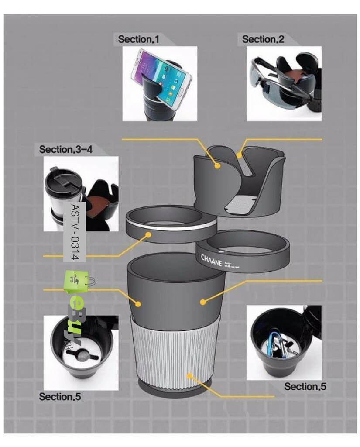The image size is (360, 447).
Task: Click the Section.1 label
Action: pyautogui.click(x=139, y=39)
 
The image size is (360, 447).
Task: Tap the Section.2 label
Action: pyautogui.click(x=263, y=39)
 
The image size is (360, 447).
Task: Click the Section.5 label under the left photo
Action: pyautogui.click(x=60, y=397)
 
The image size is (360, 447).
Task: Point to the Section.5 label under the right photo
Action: pyautogui.click(x=305, y=387)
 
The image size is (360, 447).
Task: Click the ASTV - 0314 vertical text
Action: pyautogui.click(x=74, y=232)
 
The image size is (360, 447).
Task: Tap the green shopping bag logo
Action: pyautogui.click(x=76, y=282)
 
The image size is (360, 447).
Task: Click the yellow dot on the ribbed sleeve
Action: pyautogui.click(x=189, y=375)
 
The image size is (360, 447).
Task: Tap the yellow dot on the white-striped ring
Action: pyautogui.click(x=149, y=234)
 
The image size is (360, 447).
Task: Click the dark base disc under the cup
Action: pyautogui.click(x=175, y=389)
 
